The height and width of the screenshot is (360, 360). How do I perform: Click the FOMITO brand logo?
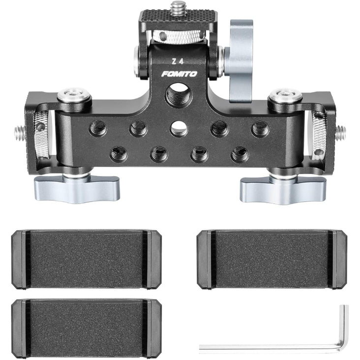pyautogui.click(x=179, y=74)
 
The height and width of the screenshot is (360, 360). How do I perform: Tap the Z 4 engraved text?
pyautogui.click(x=178, y=61)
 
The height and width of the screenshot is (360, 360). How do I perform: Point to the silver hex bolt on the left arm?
pyautogui.click(x=73, y=94)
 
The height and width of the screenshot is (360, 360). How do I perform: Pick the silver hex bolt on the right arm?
pyautogui.click(x=286, y=94)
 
